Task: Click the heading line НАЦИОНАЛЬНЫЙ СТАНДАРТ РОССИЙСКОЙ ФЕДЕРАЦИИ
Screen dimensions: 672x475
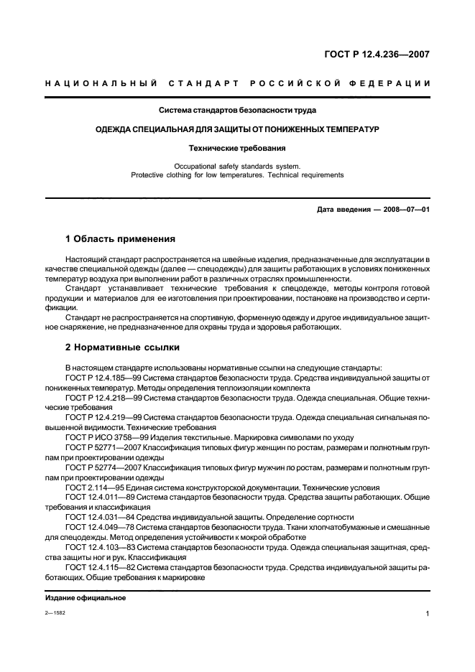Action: point(237,83)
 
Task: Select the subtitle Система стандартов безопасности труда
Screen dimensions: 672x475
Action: point(237,111)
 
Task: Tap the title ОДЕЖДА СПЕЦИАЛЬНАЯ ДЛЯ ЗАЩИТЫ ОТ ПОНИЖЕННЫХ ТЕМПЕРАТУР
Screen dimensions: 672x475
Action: point(237,129)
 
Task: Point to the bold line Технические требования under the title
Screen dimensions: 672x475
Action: point(237,149)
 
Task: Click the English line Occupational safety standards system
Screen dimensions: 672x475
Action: point(237,166)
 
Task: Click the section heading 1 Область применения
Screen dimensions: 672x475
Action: point(120,238)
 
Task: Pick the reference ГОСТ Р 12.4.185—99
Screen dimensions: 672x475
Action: point(103,376)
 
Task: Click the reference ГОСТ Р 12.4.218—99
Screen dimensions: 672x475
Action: point(103,396)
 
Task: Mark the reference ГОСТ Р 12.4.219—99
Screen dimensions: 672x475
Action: point(103,416)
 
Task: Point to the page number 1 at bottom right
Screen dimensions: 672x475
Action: point(428,614)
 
